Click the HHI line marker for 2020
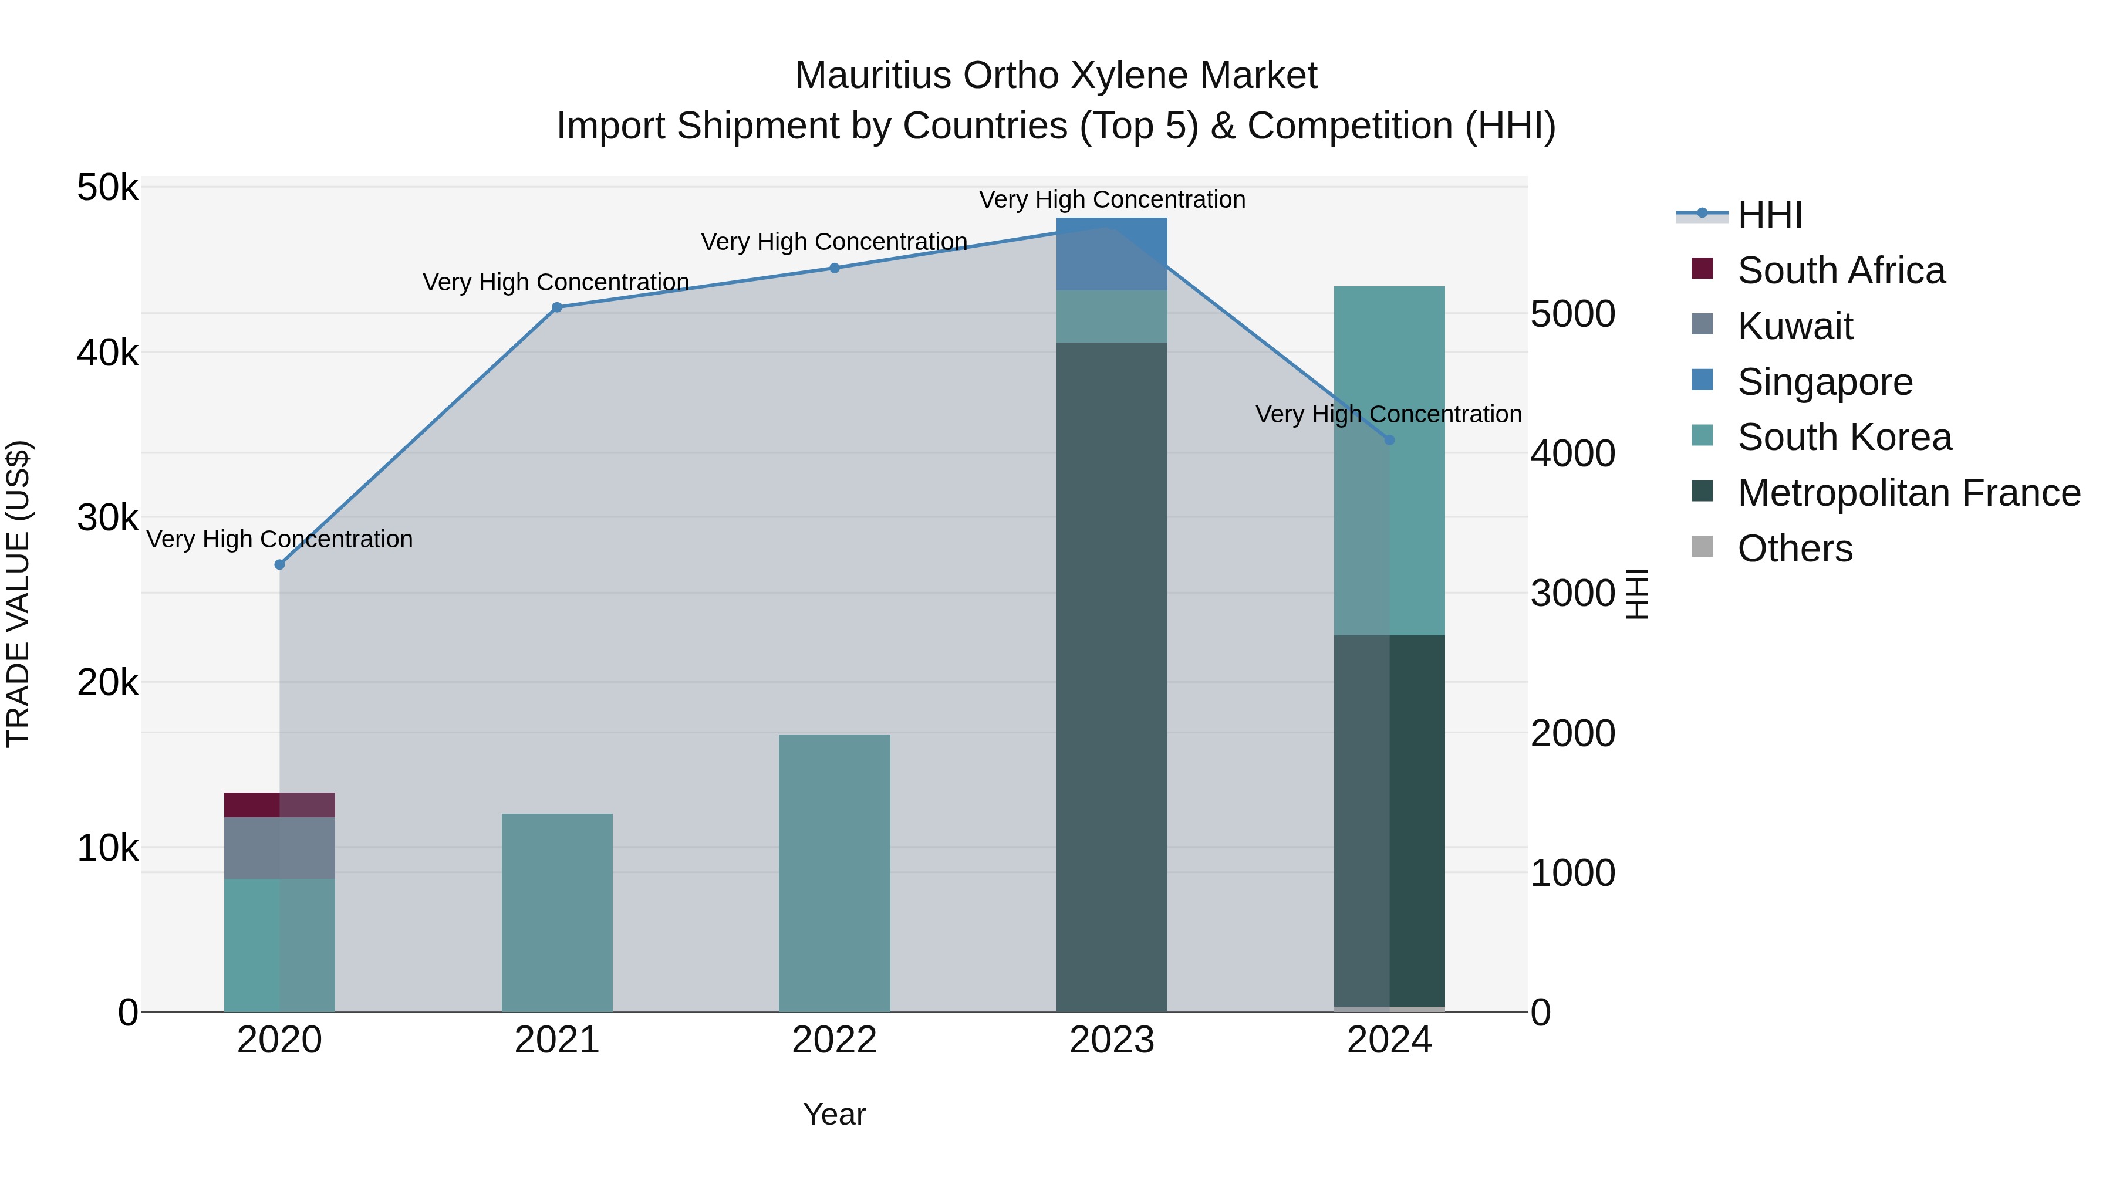tap(280, 564)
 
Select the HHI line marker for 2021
tap(557, 307)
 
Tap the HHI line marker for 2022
tap(834, 268)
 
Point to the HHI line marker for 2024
tap(1389, 440)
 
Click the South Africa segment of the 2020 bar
tap(280, 804)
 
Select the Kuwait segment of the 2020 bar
tap(280, 848)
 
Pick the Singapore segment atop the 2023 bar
tap(1112, 253)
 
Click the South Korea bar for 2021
tap(557, 912)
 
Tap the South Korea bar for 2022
tap(834, 872)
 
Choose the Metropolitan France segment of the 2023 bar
tap(1112, 676)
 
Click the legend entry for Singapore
tap(1824, 382)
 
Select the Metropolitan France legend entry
tap(1908, 493)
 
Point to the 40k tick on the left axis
tap(107, 353)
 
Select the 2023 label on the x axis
tap(1112, 1040)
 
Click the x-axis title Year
tap(834, 1114)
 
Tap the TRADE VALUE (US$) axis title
tap(18, 594)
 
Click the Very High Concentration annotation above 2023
tap(1112, 199)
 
